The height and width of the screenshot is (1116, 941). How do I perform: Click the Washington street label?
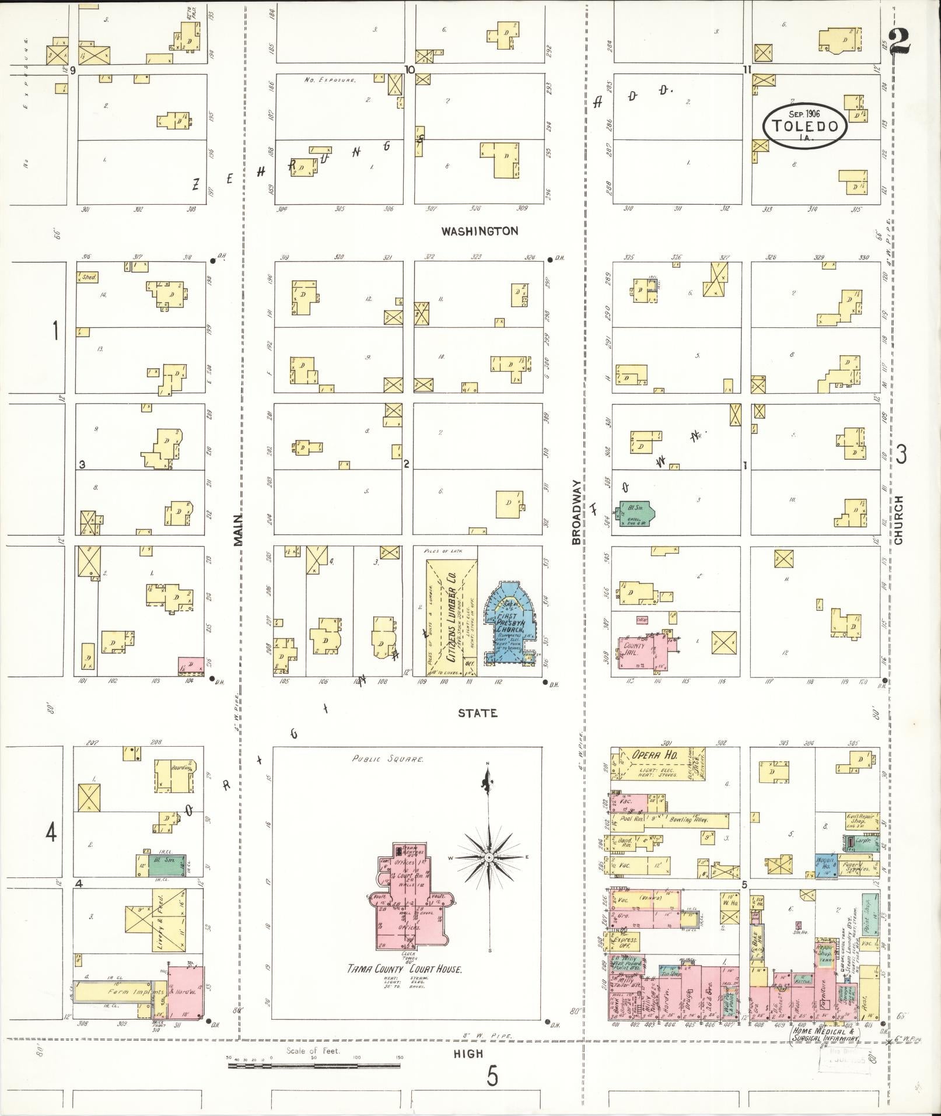(480, 231)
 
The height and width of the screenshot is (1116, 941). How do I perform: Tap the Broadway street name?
(576, 512)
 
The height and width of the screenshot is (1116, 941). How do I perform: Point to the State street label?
(477, 713)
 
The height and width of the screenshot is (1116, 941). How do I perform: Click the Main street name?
(237, 530)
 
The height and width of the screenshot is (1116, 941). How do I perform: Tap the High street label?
(469, 1053)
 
